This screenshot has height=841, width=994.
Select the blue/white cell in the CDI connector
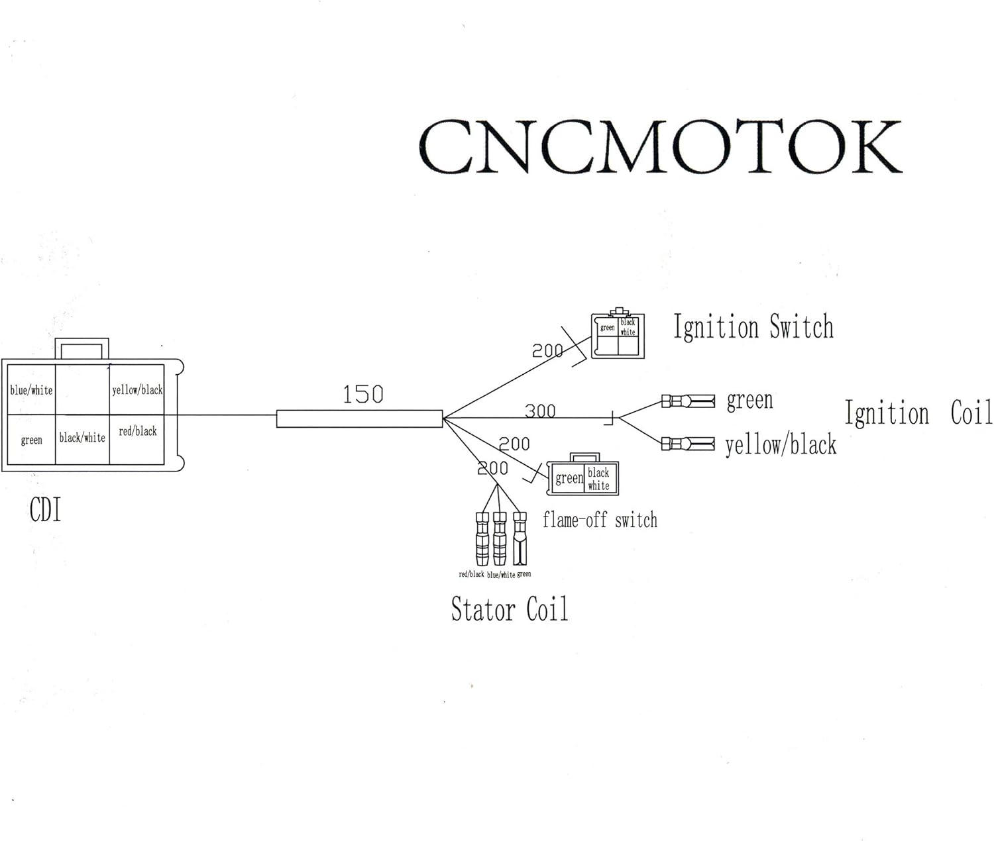click(31, 390)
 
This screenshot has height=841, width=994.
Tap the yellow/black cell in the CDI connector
click(137, 390)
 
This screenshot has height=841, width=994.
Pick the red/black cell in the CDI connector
click(137, 432)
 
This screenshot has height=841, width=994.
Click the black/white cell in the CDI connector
click(82, 438)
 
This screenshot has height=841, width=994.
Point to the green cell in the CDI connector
click(31, 440)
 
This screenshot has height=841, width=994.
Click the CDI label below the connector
click(45, 511)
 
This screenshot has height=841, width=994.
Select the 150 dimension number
click(362, 395)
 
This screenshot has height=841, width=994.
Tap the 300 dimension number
click(540, 411)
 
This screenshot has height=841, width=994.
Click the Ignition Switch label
click(753, 327)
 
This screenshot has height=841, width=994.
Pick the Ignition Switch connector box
click(618, 336)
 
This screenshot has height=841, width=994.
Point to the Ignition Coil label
click(918, 413)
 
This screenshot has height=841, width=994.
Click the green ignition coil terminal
click(689, 401)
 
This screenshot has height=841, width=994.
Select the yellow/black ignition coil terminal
click(689, 443)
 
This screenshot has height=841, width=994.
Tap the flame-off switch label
click(600, 520)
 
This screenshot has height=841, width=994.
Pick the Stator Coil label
click(509, 609)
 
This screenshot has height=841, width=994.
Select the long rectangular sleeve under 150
click(359, 419)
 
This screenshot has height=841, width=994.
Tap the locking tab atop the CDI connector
click(82, 348)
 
